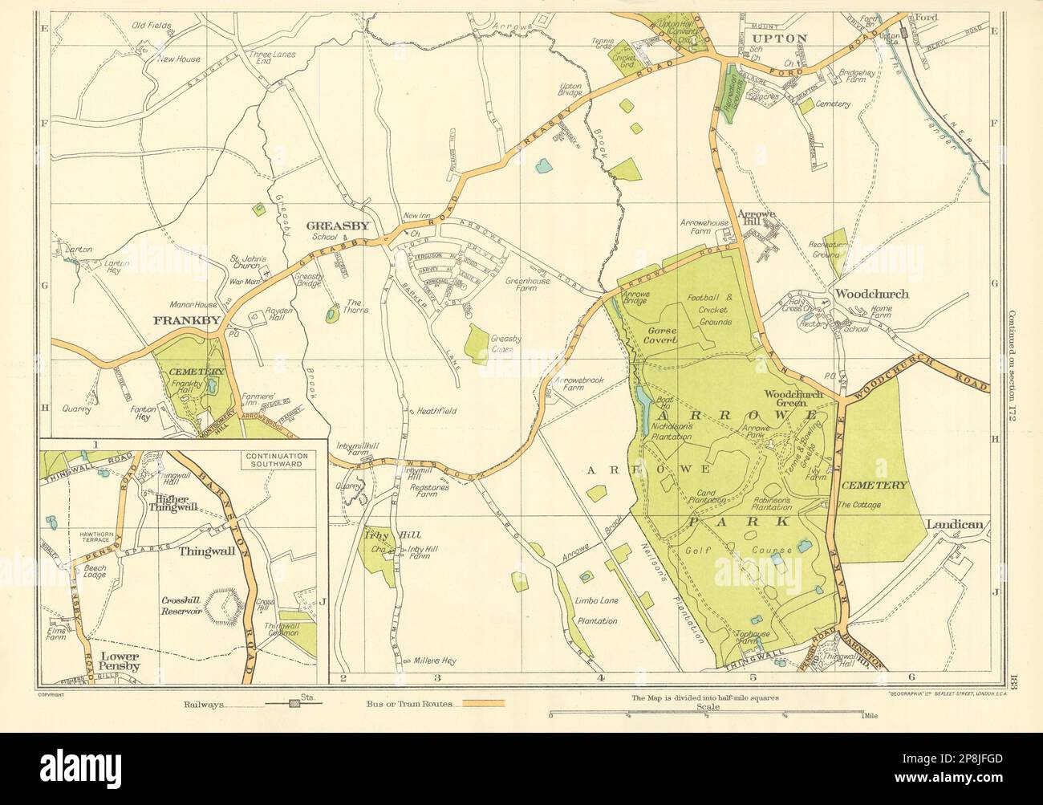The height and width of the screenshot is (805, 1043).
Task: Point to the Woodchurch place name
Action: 871,294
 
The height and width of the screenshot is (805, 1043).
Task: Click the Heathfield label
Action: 436,411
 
